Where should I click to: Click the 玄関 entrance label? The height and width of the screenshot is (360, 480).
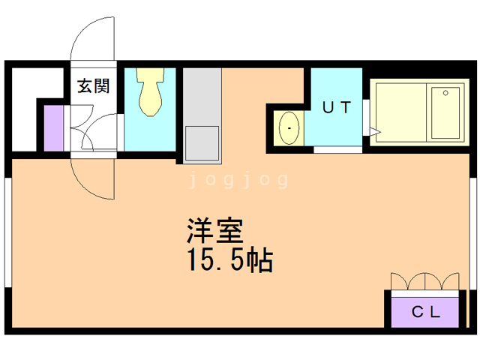(x=93, y=86)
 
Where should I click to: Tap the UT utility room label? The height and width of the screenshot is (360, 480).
(x=336, y=106)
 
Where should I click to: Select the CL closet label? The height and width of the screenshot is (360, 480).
(x=424, y=310)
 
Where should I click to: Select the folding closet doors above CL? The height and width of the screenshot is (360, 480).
(x=424, y=280)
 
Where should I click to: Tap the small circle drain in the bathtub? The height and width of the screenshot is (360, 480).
(x=446, y=93)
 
